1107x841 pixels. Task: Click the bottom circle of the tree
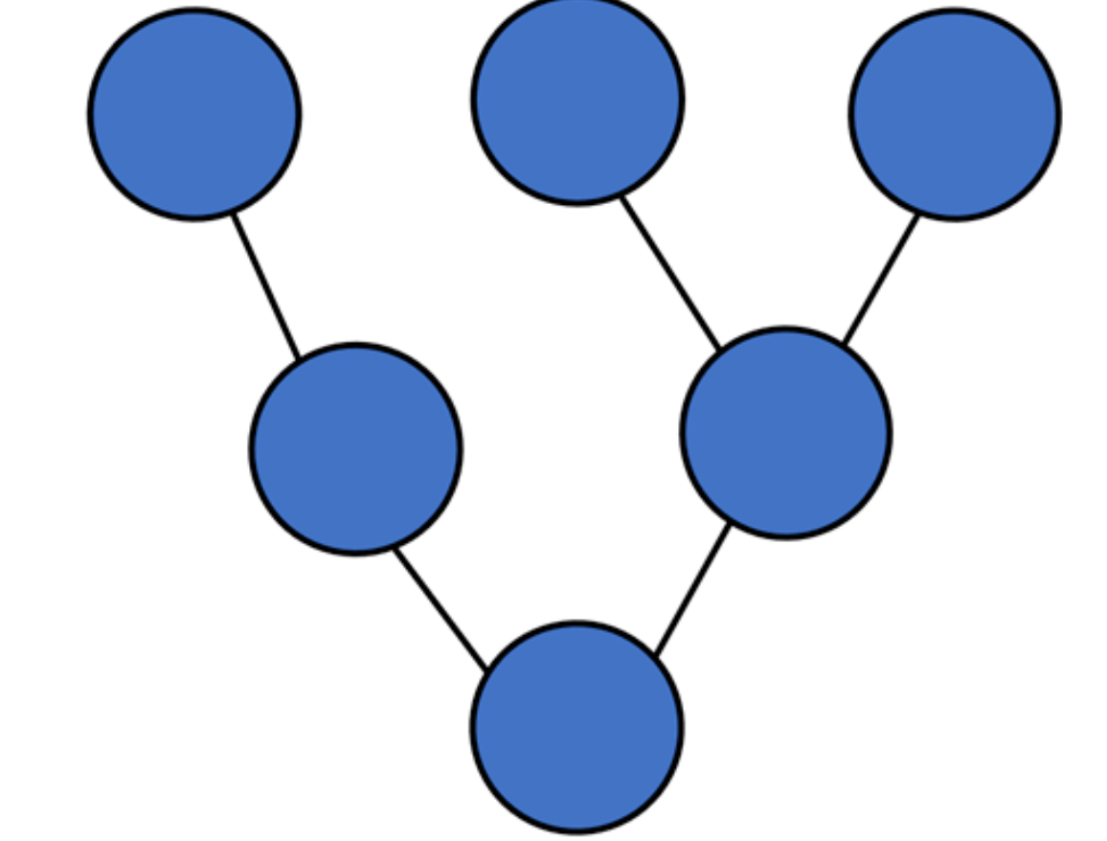(x=576, y=727)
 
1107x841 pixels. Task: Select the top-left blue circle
(x=194, y=114)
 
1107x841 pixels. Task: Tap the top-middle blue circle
(x=577, y=99)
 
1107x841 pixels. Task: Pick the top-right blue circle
(x=955, y=114)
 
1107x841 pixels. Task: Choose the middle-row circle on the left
(x=356, y=448)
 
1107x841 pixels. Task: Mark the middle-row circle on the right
(x=786, y=433)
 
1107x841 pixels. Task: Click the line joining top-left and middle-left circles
(x=267, y=287)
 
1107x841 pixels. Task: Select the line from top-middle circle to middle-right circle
(x=670, y=273)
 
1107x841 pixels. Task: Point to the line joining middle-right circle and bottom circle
(x=692, y=591)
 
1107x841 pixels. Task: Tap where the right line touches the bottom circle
(x=656, y=658)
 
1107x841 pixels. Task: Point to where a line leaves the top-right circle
(x=918, y=215)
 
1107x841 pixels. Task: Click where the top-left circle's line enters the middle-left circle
(x=300, y=359)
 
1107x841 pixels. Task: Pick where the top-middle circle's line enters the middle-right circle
(x=719, y=351)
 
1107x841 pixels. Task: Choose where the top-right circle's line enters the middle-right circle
(x=843, y=346)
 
